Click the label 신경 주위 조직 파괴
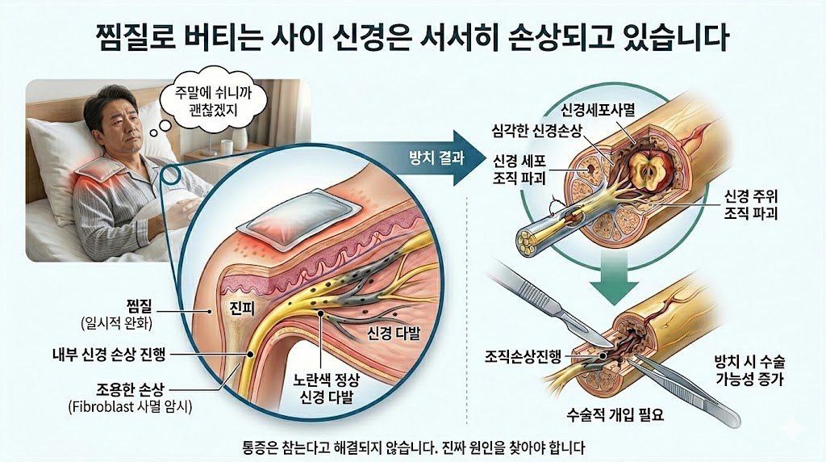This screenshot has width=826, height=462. point(752,206)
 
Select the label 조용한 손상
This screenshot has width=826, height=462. point(123,387)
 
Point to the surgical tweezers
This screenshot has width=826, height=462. point(694,395)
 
